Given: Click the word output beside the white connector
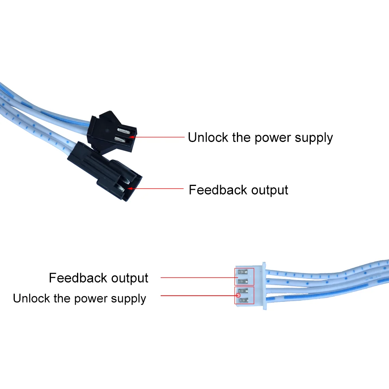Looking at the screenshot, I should point(130,278).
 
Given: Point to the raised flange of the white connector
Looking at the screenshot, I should point(264,286).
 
